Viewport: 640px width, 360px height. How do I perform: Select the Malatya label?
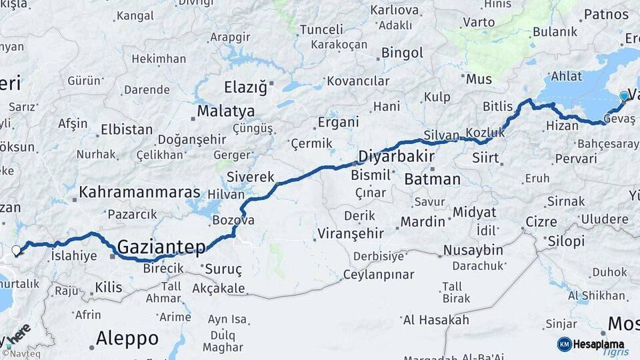click(226, 111)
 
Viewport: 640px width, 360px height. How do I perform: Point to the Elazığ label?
click(245, 87)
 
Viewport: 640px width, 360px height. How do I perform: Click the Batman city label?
click(432, 179)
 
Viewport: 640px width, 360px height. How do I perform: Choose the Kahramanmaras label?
click(139, 193)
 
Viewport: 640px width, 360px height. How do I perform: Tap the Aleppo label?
click(127, 338)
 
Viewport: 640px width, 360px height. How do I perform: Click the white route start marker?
click(16, 251)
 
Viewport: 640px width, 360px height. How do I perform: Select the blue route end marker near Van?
click(624, 96)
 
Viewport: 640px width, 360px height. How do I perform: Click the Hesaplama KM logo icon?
click(565, 344)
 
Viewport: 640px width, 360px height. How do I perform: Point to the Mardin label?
click(423, 221)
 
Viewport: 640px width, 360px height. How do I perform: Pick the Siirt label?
click(485, 158)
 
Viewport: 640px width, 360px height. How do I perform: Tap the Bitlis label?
click(498, 107)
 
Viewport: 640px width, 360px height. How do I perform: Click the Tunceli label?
click(321, 29)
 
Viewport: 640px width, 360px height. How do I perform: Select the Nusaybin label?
click(474, 250)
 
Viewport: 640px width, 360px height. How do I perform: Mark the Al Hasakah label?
click(436, 320)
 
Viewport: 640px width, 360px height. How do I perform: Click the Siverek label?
click(250, 177)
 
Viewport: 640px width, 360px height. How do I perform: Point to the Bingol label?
click(402, 53)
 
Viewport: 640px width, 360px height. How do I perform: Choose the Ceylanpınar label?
click(378, 275)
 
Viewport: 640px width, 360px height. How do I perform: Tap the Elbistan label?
click(127, 129)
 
